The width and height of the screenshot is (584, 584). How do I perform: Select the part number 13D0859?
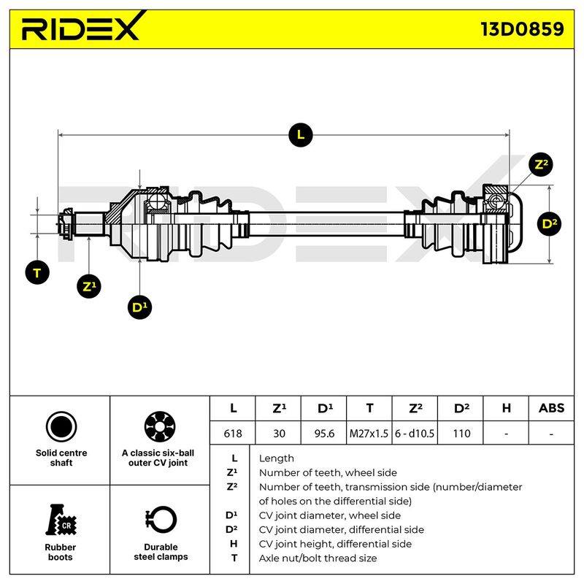(x=522, y=29)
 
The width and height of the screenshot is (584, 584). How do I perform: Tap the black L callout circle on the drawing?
(x=301, y=135)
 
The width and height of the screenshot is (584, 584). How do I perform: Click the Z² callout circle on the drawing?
(x=541, y=165)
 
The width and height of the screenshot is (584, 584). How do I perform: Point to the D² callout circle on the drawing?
(x=550, y=224)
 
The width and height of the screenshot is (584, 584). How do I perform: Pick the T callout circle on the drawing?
(x=37, y=273)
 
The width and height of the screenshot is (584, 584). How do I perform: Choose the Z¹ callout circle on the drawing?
(x=89, y=286)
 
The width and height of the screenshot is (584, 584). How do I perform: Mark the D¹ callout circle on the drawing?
(x=139, y=307)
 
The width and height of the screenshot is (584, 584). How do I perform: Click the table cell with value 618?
(x=233, y=434)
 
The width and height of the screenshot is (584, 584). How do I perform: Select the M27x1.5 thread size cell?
(x=369, y=434)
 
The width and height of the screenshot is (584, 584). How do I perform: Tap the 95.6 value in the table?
(x=324, y=434)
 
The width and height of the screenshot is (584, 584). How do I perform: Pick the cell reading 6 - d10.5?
(x=415, y=434)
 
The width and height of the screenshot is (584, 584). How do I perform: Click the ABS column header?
(x=551, y=408)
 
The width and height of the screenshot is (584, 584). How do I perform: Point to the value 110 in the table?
(x=461, y=434)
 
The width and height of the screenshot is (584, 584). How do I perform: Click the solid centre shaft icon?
(x=61, y=427)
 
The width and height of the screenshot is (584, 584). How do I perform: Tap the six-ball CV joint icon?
(x=160, y=427)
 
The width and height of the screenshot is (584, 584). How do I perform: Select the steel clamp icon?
(x=161, y=520)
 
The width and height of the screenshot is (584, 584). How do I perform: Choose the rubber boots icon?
(x=61, y=520)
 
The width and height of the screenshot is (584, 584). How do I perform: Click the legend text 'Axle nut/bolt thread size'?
(x=318, y=558)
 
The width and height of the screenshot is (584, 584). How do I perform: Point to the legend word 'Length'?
(x=277, y=458)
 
